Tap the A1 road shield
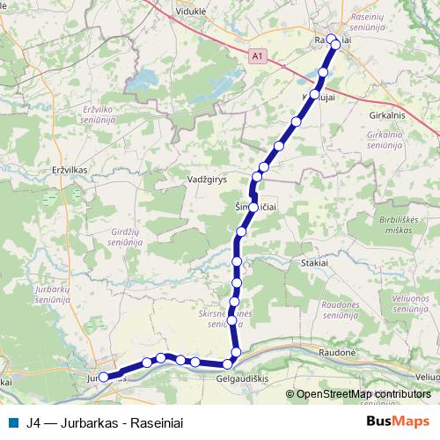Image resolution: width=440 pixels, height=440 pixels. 257,55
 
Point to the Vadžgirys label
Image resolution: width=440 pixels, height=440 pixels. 208,178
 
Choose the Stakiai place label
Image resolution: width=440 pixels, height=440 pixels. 315,262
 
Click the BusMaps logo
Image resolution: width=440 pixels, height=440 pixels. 399,421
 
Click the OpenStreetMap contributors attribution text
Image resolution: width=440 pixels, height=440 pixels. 363,393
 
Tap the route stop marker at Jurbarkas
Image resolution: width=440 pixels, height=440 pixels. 104,377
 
